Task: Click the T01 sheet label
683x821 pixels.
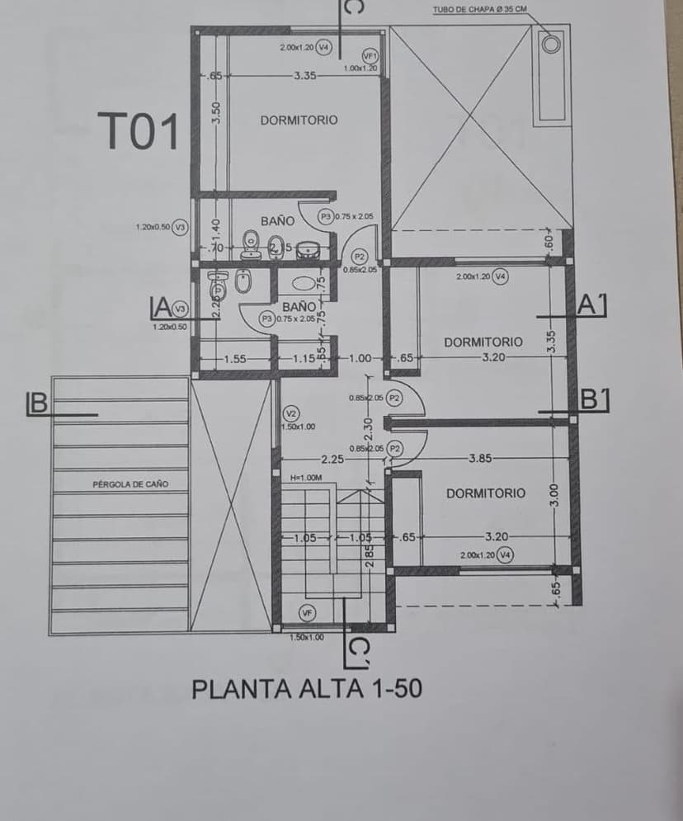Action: click(x=138, y=132)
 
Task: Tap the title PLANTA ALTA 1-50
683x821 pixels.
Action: click(x=307, y=688)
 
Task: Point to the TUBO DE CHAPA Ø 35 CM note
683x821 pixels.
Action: click(x=479, y=10)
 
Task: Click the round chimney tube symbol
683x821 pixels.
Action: click(x=550, y=43)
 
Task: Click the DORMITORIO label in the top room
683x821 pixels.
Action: click(x=299, y=120)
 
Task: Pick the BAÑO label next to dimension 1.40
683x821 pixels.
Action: click(x=277, y=221)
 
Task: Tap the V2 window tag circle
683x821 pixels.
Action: click(x=290, y=413)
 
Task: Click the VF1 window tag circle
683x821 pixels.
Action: click(x=370, y=54)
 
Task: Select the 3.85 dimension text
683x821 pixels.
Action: click(x=480, y=458)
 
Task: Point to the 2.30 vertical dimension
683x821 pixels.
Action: click(x=369, y=429)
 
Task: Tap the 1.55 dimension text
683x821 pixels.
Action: click(x=236, y=359)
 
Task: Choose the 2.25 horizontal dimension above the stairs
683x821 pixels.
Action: click(x=332, y=459)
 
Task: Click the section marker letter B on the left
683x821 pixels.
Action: click(x=36, y=403)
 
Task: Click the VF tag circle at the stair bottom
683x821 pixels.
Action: click(x=307, y=613)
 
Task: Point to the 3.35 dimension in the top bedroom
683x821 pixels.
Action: click(x=304, y=76)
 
